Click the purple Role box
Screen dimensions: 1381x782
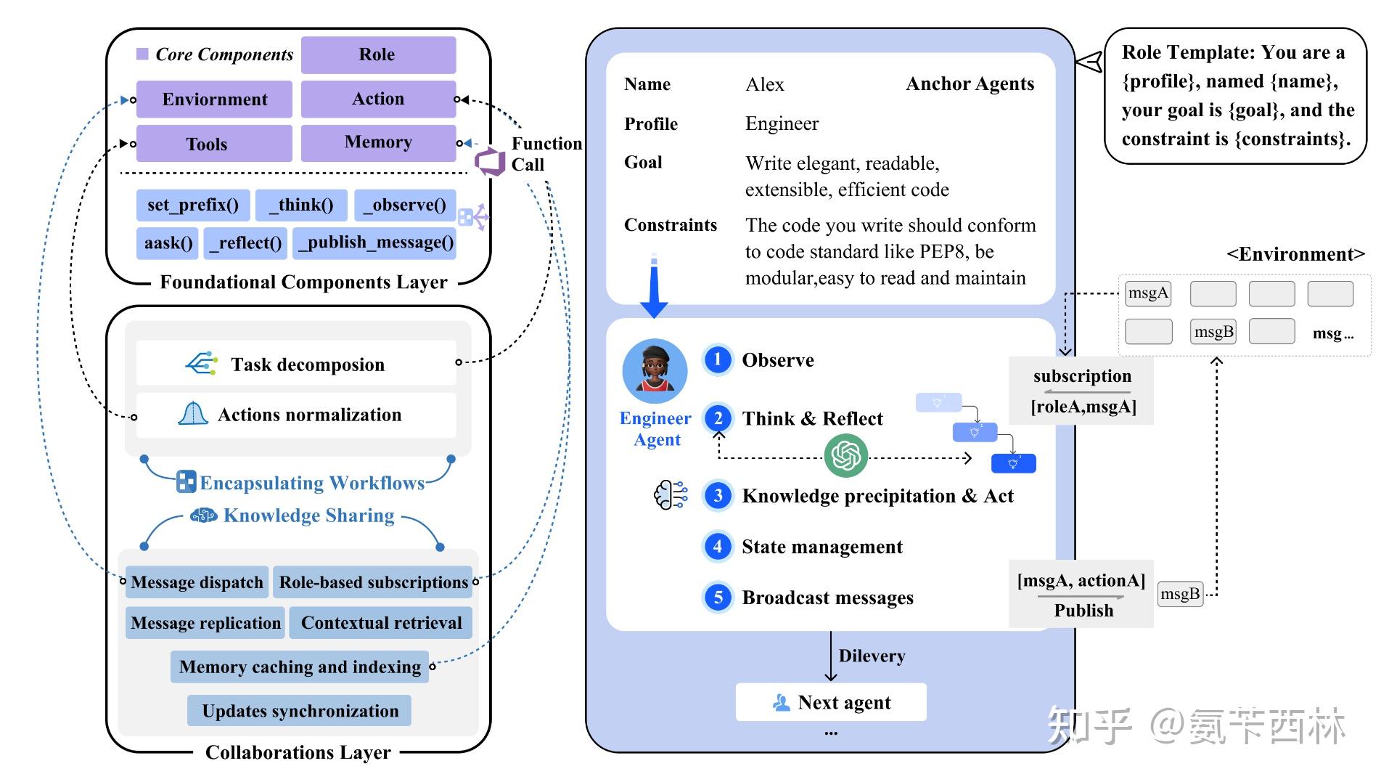[378, 54]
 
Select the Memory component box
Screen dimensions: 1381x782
[378, 142]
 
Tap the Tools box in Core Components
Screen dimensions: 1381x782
[214, 144]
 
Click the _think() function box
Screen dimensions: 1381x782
[301, 205]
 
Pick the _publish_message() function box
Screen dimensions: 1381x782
[374, 243]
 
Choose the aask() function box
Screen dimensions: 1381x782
[168, 243]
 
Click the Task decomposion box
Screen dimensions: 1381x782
[296, 364]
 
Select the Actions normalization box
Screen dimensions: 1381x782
[296, 415]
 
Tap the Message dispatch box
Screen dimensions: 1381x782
[197, 582]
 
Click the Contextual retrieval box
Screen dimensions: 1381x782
[381, 623]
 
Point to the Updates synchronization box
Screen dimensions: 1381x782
[299, 710]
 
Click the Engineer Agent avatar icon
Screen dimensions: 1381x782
[655, 371]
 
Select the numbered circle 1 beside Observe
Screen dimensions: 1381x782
[718, 359]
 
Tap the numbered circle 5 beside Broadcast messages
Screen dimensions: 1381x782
[718, 597]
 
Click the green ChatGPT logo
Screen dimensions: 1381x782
[846, 455]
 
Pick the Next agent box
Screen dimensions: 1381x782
[831, 702]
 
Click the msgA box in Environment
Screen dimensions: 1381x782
[1148, 293]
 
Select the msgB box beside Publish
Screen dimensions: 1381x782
[1180, 594]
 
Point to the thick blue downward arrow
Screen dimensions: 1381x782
[654, 286]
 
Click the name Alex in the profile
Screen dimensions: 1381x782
[765, 85]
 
